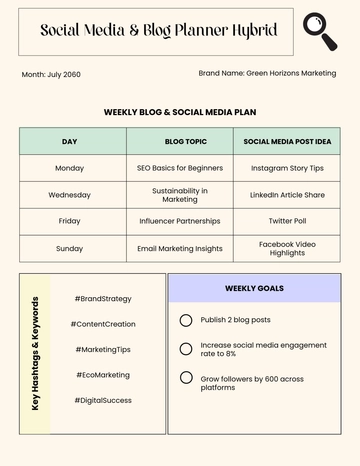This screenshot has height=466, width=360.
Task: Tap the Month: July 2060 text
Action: pyautogui.click(x=50, y=75)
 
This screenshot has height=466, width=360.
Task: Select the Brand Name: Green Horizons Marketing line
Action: pyautogui.click(x=267, y=73)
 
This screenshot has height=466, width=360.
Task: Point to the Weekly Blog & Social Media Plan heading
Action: pyautogui.click(x=180, y=113)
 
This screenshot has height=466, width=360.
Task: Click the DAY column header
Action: pyautogui.click(x=69, y=142)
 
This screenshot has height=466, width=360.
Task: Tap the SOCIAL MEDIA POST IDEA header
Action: pyautogui.click(x=288, y=142)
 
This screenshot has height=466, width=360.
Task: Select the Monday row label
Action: pyautogui.click(x=69, y=168)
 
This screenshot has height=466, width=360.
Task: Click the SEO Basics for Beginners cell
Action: pyautogui.click(x=180, y=168)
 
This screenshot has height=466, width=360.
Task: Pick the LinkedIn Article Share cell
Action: pyautogui.click(x=288, y=194)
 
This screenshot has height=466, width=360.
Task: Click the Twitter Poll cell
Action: pyautogui.click(x=288, y=221)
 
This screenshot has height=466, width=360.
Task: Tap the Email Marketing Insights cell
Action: pyautogui.click(x=180, y=247)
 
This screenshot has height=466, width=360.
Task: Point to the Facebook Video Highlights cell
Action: pyautogui.click(x=288, y=248)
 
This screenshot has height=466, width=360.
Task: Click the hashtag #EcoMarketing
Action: pyautogui.click(x=103, y=375)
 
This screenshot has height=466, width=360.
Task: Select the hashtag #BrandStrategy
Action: pyautogui.click(x=103, y=298)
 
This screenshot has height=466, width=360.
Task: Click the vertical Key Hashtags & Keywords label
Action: pyautogui.click(x=36, y=353)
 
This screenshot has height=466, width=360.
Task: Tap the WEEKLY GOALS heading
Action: pyautogui.click(x=254, y=288)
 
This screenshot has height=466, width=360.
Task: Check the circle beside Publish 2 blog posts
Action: pyautogui.click(x=186, y=320)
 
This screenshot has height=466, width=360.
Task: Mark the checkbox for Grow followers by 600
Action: pyautogui.click(x=186, y=377)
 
